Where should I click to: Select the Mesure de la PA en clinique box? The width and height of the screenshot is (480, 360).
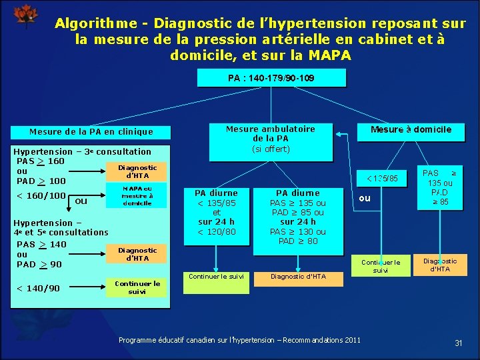click(91, 132)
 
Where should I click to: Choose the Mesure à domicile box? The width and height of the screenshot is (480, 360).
click(411, 129)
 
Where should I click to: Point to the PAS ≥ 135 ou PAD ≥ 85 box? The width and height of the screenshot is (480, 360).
click(439, 187)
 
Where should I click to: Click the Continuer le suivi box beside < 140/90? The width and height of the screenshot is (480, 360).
click(137, 287)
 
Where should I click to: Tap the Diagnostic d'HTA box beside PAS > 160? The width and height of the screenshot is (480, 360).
click(137, 172)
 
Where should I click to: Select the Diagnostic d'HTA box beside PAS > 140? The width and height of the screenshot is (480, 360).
click(137, 254)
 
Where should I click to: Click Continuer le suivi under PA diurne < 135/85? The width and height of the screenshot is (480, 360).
click(217, 276)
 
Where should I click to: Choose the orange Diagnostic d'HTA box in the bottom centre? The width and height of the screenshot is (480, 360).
click(297, 276)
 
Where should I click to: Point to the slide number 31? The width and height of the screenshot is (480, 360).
click(459, 343)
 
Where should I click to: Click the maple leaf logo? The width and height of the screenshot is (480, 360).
click(26, 16)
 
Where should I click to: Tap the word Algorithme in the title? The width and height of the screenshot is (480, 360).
click(91, 23)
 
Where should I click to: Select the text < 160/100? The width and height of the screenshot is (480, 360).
click(41, 195)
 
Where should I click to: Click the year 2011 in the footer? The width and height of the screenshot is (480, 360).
click(351, 340)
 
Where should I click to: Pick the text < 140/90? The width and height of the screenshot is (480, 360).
click(38, 288)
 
